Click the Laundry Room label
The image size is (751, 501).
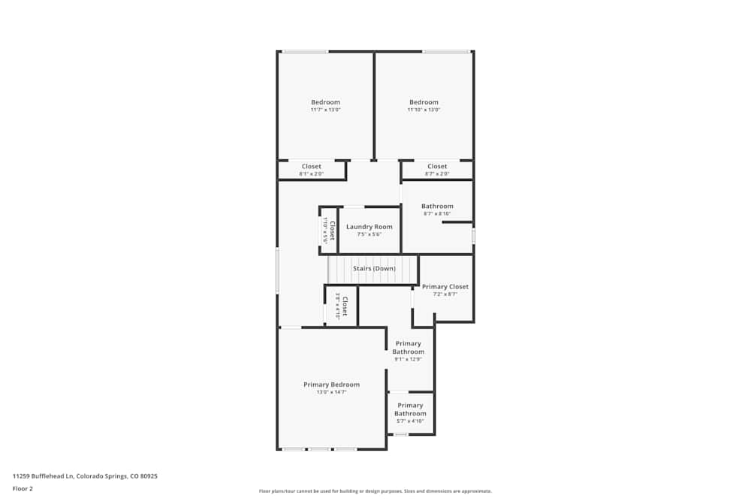369,227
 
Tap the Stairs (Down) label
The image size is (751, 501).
374,268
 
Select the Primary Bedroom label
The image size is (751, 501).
331,385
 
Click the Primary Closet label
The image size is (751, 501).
445,287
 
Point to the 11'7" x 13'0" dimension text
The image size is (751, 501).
325,110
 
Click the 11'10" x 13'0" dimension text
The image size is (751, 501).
424,110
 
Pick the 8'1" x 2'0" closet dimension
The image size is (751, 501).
311,174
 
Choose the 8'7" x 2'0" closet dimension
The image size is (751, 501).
437,174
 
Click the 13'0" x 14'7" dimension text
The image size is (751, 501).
331,392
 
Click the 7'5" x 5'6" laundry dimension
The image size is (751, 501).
369,234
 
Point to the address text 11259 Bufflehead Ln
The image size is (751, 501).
85,475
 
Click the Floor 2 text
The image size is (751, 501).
23,488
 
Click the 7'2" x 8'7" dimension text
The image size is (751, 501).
445,294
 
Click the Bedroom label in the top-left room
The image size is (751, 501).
325,102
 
